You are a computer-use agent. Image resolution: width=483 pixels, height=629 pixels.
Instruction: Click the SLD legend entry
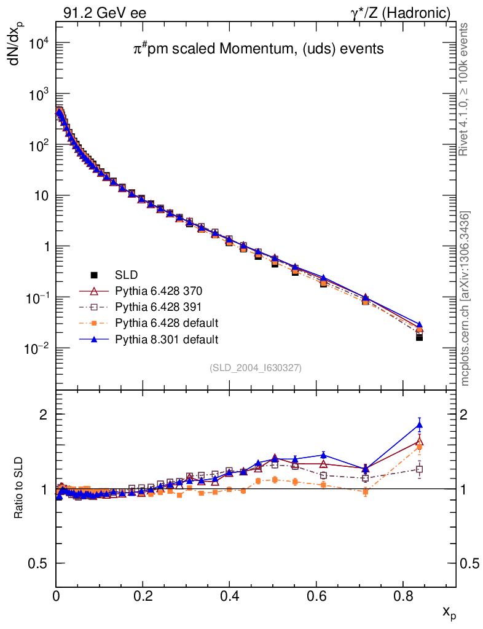(127, 275)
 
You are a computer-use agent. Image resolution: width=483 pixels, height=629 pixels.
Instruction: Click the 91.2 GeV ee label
(104, 12)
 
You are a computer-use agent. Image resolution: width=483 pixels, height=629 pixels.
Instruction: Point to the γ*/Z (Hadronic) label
(401, 12)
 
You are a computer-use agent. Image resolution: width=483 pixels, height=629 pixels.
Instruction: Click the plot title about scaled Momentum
(259, 49)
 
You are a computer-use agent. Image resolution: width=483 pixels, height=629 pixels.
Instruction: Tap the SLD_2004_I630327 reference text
(256, 367)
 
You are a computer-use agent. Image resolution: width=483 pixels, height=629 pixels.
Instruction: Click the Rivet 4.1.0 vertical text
(465, 89)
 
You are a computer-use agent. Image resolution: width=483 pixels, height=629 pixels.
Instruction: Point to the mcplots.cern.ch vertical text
(465, 299)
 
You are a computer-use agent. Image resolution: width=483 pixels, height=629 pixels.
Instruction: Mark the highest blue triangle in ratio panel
(420, 425)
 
